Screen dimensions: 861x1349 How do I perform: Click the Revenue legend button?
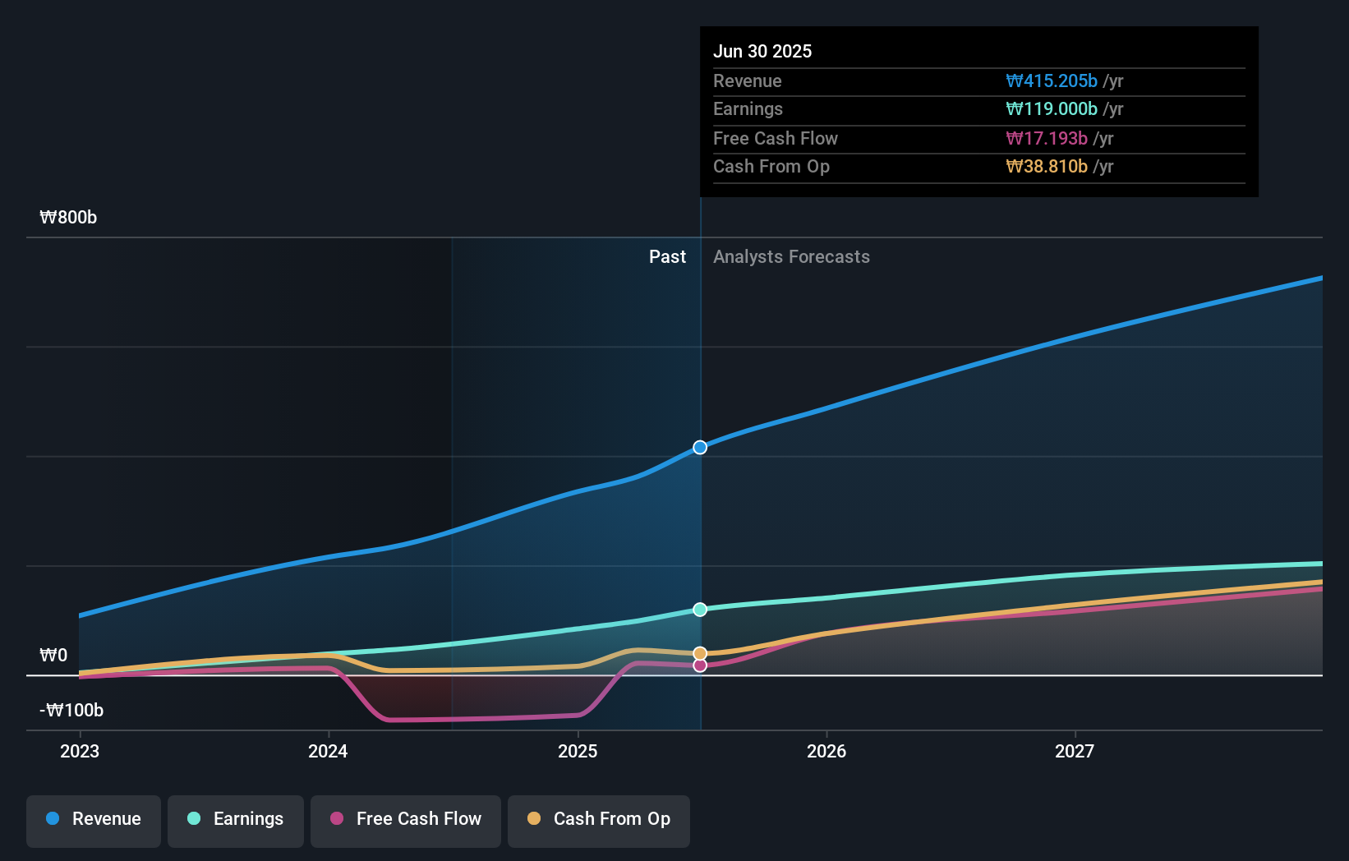click(x=94, y=820)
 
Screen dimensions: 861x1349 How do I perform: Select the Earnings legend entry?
click(x=236, y=820)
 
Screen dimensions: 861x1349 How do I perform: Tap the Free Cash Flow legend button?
click(x=406, y=820)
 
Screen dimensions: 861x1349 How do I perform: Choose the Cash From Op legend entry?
click(x=599, y=820)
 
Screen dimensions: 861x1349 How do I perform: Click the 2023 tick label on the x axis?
click(x=80, y=752)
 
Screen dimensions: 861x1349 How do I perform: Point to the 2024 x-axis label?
click(x=328, y=752)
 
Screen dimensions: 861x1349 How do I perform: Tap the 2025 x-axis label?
click(x=578, y=752)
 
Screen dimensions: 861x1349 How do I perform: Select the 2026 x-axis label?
click(x=826, y=752)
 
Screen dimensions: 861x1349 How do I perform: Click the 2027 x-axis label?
click(x=1075, y=752)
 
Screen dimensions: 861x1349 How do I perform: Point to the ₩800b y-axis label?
click(x=68, y=218)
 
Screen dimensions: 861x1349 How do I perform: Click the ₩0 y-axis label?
click(x=53, y=656)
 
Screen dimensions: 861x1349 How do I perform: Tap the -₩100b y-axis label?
click(x=71, y=711)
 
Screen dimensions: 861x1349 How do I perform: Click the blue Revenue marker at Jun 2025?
click(x=700, y=448)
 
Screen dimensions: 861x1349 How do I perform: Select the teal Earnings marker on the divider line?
click(x=700, y=610)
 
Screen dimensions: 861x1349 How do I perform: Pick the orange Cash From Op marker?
click(x=700, y=654)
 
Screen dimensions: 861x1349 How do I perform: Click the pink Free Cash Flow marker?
click(x=700, y=665)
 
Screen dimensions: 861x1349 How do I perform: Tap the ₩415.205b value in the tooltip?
click(x=1052, y=81)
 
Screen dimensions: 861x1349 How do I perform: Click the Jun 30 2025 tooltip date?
click(x=762, y=52)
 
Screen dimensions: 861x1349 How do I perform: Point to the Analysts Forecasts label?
click(x=791, y=257)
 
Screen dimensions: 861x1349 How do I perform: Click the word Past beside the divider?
click(x=667, y=257)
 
